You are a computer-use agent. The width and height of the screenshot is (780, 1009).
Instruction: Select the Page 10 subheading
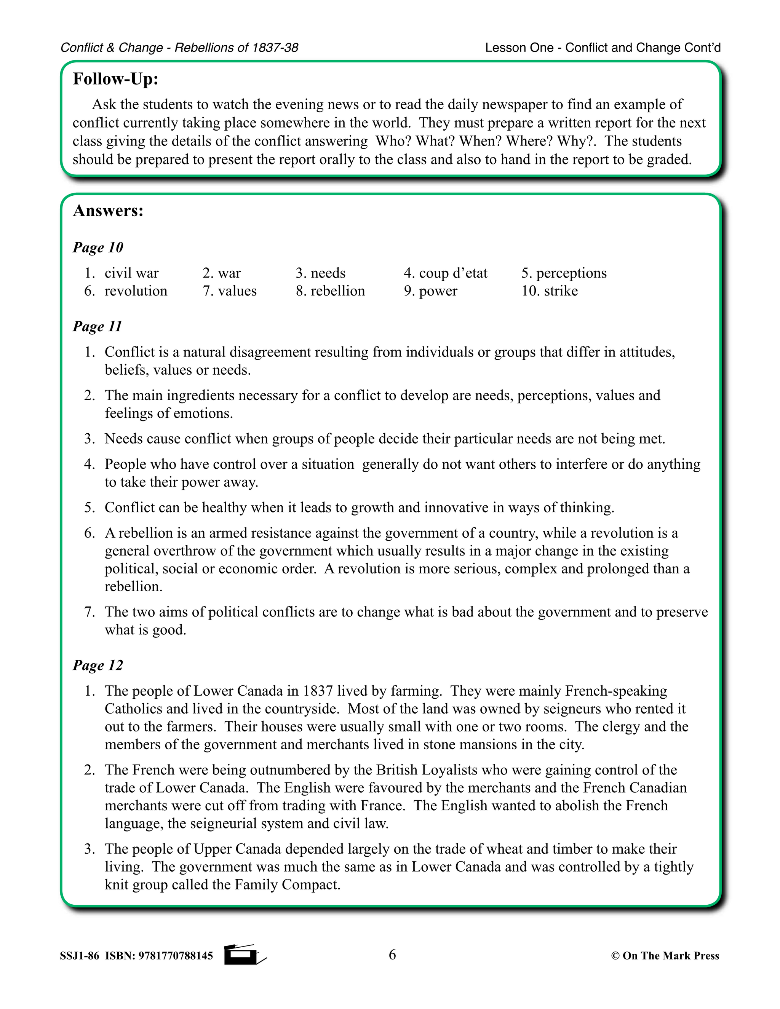[98, 247]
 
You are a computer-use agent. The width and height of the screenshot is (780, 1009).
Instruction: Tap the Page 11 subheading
[97, 327]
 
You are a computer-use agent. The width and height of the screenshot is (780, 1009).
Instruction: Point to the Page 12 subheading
[98, 665]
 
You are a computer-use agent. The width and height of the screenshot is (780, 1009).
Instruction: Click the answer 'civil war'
[131, 273]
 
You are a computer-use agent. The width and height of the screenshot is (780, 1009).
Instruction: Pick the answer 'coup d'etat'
[453, 273]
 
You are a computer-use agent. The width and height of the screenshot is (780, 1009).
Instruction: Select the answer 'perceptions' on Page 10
[571, 273]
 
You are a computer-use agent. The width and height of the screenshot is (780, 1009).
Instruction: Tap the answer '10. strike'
[550, 291]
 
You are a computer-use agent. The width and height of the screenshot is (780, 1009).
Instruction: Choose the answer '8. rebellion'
[330, 291]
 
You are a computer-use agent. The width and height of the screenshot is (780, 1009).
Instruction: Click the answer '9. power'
[431, 291]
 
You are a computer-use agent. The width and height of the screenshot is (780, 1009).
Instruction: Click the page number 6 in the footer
[392, 955]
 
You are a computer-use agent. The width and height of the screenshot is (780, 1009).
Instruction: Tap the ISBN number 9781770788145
[176, 956]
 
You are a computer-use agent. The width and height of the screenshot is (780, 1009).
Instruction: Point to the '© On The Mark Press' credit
[665, 956]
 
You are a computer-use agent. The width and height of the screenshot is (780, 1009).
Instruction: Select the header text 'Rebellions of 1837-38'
[236, 48]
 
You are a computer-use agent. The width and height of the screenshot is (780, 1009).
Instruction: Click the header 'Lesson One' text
[519, 48]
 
